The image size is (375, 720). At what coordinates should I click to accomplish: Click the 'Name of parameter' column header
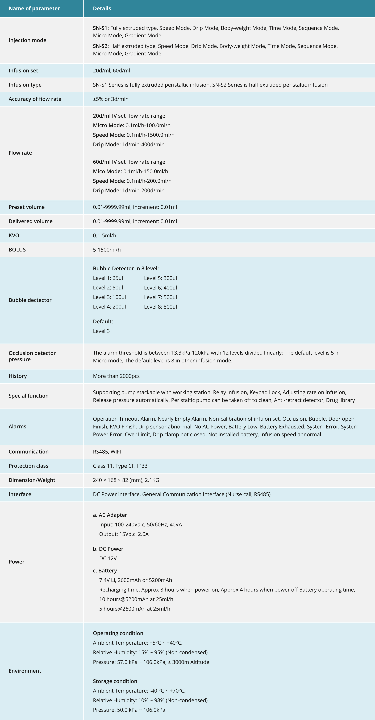tap(34, 8)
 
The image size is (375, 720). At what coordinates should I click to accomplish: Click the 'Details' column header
tap(102, 8)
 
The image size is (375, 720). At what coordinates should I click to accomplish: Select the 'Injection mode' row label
tap(27, 40)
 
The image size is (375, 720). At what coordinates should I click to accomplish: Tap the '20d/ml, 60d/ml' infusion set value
tap(111, 71)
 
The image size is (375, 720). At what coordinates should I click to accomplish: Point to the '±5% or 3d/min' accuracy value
tap(111, 99)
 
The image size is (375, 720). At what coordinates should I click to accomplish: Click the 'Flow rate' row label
tap(20, 153)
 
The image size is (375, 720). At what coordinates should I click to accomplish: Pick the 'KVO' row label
tap(14, 235)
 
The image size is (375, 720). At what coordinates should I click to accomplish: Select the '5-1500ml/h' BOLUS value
tap(107, 250)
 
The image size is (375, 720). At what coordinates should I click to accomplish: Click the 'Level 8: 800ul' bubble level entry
tap(160, 307)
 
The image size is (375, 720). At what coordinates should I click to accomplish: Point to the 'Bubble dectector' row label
tap(30, 300)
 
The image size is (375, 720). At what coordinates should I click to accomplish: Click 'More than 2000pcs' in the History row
tap(116, 376)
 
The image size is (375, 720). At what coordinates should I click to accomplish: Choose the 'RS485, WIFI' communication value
tap(107, 452)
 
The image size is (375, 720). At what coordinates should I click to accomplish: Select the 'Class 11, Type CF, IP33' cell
tap(120, 466)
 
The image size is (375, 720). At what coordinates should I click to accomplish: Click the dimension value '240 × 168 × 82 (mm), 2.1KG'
tap(126, 480)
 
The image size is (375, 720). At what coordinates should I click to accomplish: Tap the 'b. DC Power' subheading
tap(108, 549)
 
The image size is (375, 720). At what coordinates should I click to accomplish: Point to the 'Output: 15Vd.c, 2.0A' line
tap(124, 534)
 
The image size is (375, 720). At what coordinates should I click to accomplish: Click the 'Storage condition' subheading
tap(115, 681)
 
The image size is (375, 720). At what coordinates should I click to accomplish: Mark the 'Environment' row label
tap(25, 671)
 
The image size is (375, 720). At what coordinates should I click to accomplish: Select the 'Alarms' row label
tap(17, 427)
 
